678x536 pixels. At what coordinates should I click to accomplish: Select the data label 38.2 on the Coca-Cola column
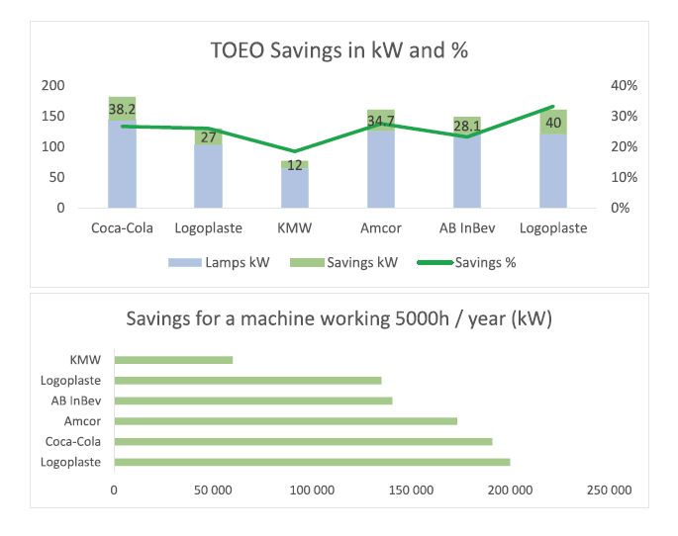tap(122, 109)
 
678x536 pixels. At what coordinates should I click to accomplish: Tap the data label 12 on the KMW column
tap(295, 165)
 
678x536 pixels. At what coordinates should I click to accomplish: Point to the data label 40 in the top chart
tap(553, 123)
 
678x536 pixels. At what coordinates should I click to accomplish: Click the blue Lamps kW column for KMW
tap(295, 188)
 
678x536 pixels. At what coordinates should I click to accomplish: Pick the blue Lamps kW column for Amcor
tap(381, 169)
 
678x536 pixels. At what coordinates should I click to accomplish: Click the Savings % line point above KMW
tap(295, 151)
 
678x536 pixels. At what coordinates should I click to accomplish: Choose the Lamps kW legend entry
tap(219, 263)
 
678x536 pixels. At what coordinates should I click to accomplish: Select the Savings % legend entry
tap(466, 263)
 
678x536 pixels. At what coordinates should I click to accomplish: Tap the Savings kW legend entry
tap(343, 263)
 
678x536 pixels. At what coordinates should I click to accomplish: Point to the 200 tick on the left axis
tap(52, 85)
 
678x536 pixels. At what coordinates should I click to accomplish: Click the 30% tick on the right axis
tap(624, 116)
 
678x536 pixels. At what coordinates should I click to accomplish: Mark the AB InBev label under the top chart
tap(467, 228)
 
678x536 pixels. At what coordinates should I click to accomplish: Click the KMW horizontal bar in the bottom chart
tap(174, 360)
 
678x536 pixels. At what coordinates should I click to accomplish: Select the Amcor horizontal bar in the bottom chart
tap(286, 421)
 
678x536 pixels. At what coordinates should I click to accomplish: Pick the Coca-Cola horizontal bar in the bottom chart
tap(304, 442)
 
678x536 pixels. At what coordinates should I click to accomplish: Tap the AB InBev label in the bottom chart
tap(76, 401)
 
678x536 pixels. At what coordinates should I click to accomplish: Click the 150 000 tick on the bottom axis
tap(411, 491)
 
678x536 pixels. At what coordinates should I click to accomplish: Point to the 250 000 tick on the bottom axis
tap(609, 491)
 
